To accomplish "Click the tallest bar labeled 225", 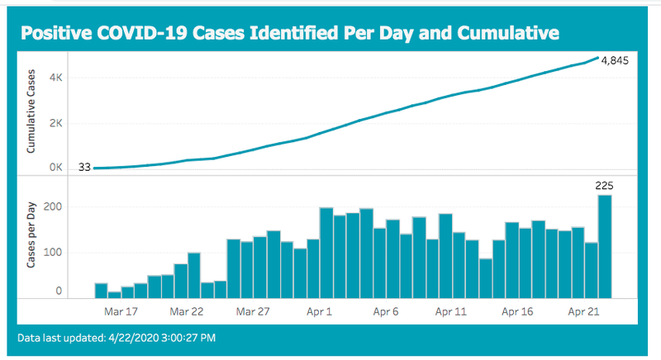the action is (605, 246).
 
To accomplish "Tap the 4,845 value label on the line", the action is (615, 60).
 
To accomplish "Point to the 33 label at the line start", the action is (85, 167).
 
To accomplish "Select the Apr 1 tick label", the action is (319, 311).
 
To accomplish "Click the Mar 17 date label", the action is (121, 311).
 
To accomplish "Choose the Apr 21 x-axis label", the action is (583, 311).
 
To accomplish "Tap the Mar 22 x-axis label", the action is (187, 311).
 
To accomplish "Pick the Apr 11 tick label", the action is (451, 311).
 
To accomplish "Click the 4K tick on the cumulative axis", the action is (55, 78).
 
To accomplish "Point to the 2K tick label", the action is (55, 123).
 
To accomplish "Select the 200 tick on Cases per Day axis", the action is (53, 206).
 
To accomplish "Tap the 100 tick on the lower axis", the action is (53, 252).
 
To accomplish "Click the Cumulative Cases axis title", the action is (31, 111).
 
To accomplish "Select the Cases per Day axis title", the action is (31, 235).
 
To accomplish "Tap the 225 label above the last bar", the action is (604, 186).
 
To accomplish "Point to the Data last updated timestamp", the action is (117, 338).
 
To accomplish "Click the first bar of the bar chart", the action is (101, 291).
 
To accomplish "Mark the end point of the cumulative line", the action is (597, 58).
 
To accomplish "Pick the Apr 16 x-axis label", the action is (517, 311).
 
